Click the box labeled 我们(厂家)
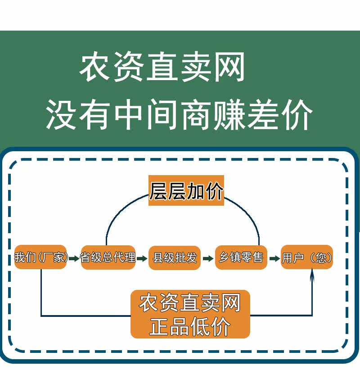pos(40,257)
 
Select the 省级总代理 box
pos(108,257)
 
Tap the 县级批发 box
pos(175,258)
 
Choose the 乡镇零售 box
pos(241,258)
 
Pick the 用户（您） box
pos(307,258)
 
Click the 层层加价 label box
pos(186,191)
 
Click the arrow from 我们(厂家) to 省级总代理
pos(74,258)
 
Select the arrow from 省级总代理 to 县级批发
pos(142,258)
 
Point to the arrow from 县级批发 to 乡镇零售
pos(208,258)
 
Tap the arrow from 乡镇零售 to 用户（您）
pos(274,258)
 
